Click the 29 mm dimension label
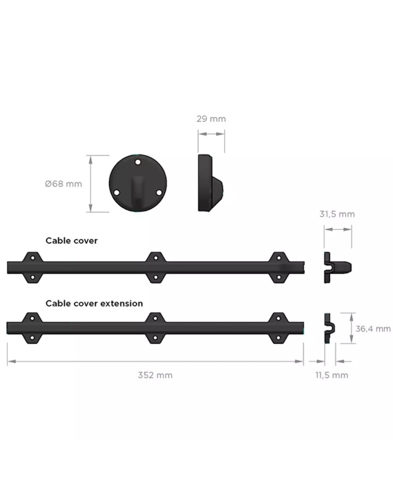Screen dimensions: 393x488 coord(211,119)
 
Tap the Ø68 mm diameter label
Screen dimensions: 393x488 coord(63,184)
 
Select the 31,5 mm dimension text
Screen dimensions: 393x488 coord(337,214)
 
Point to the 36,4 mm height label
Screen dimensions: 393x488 coord(373,329)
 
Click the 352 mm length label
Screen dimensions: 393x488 coord(156,375)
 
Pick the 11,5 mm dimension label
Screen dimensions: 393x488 coord(332,375)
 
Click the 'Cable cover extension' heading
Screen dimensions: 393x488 coord(94,303)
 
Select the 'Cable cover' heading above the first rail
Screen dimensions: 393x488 coord(71,240)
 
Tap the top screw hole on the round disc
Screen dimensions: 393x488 coord(138,162)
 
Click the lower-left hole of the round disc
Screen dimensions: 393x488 coord(117,193)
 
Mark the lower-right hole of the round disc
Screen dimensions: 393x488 coord(159,193)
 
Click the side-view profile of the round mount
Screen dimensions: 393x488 coord(211,183)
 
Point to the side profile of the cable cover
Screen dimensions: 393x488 coord(337,267)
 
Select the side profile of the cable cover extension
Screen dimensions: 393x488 coord(330,328)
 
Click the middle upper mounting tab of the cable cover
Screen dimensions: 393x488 coord(156,257)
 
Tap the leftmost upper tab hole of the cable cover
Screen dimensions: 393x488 coord(33,257)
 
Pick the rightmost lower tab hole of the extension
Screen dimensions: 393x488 coord(278,338)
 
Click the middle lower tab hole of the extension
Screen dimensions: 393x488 coord(156,338)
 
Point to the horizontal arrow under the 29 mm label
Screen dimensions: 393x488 coord(211,134)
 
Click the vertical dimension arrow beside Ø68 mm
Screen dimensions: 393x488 coord(90,184)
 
